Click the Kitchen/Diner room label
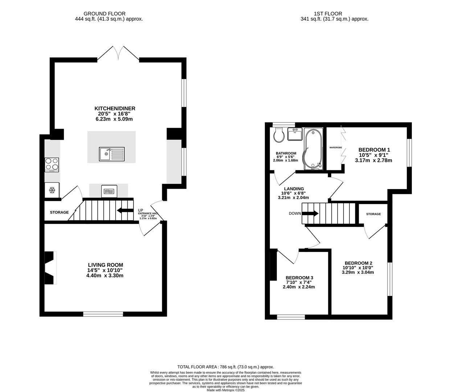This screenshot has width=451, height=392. pyautogui.click(x=115, y=109)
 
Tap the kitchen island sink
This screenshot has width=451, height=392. pyautogui.click(x=112, y=154)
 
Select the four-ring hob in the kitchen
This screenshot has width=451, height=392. pyautogui.click(x=52, y=165)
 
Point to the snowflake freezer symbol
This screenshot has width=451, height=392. pyautogui.click(x=52, y=190)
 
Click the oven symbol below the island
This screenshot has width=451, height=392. pyautogui.click(x=109, y=191)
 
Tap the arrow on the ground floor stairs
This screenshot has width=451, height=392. pyautogui.click(x=125, y=210)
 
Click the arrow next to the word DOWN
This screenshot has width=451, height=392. pyautogui.click(x=310, y=213)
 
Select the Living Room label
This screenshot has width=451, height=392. pyautogui.click(x=106, y=265)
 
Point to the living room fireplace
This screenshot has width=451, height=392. pyautogui.click(x=51, y=268)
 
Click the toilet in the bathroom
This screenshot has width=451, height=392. pyautogui.click(x=279, y=135)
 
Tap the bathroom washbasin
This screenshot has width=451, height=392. pyautogui.click(x=295, y=134)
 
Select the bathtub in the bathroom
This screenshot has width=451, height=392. pyautogui.click(x=313, y=149)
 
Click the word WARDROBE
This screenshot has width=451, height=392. pyautogui.click(x=336, y=147)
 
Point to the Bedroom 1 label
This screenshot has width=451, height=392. pyautogui.click(x=374, y=150)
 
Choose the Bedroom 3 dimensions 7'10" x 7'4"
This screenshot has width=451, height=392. pyautogui.click(x=299, y=282)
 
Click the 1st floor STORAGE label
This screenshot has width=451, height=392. pyautogui.click(x=373, y=214)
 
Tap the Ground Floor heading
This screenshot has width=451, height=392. pyautogui.click(x=104, y=14)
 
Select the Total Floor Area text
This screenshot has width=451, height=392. pyautogui.click(x=226, y=367)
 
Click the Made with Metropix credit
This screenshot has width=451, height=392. pyautogui.click(x=226, y=390)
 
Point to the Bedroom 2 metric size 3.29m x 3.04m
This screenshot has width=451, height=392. pyautogui.click(x=358, y=272)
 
